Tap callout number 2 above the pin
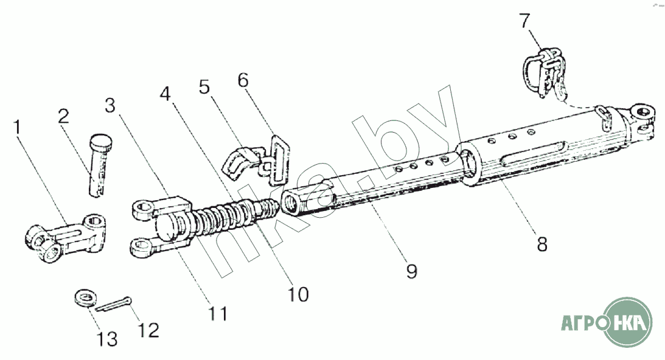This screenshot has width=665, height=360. click(x=64, y=117)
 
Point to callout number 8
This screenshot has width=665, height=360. click(x=541, y=243)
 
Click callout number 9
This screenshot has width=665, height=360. click(x=412, y=270)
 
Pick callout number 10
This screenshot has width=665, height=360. click(x=299, y=294)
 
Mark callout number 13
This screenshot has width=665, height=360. click(x=108, y=338)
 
